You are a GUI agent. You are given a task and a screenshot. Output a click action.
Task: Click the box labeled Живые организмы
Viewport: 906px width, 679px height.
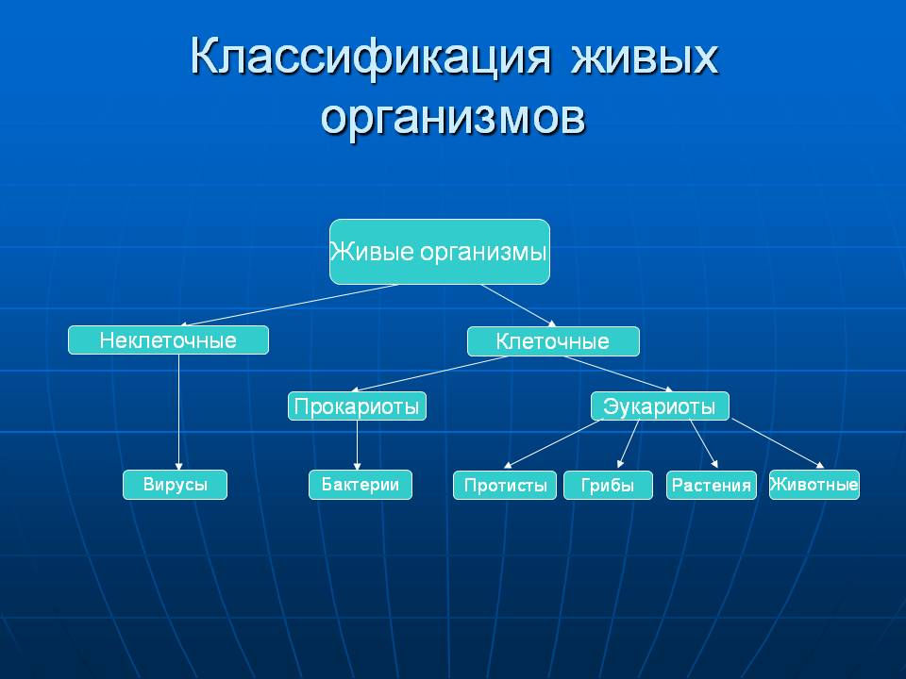pos(439,252)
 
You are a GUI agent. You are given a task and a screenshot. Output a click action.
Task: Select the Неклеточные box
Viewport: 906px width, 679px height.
pos(168,340)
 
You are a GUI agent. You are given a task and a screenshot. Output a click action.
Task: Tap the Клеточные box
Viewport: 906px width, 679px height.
pos(553,341)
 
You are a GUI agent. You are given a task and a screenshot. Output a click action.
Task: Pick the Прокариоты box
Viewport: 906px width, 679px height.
pos(357,406)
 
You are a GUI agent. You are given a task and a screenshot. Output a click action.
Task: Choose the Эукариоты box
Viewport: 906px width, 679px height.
pos(660,406)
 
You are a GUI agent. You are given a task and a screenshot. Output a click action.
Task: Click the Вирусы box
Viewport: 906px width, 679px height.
pos(176,485)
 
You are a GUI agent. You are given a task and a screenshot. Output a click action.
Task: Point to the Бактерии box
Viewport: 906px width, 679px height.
pos(360,485)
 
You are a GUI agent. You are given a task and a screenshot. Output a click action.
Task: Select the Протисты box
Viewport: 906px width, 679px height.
pos(504,485)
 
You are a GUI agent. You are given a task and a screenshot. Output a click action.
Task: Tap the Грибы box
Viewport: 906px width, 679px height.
pos(608,485)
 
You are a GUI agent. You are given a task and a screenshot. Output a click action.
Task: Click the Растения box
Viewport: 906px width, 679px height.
pos(712,485)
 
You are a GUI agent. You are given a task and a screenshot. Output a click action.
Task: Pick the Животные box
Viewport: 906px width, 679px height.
pos(814,485)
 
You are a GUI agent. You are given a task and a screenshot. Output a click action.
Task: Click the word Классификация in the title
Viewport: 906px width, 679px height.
pos(370,58)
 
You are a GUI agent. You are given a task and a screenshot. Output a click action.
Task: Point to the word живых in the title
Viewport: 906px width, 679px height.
pos(645,58)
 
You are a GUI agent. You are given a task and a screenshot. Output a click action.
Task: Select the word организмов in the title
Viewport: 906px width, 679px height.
pos(453,118)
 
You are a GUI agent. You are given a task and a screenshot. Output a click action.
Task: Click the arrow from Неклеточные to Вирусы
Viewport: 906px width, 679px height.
pos(178,412)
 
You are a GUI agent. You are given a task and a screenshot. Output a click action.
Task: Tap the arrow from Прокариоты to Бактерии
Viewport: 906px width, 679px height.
pos(357,445)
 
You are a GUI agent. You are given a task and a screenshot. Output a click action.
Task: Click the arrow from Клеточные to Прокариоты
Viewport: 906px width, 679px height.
pos(429,374)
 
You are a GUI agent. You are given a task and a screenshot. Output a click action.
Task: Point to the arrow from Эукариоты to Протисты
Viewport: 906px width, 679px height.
pos(553,443)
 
